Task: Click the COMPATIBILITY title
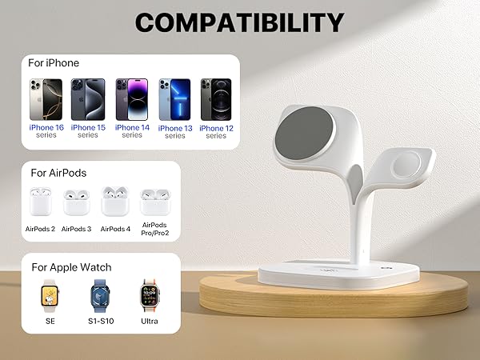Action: click(x=239, y=22)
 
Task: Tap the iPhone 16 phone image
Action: click(x=46, y=98)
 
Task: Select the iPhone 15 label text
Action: click(x=88, y=128)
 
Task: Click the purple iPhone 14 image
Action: click(x=132, y=98)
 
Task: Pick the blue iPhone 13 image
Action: click(x=174, y=99)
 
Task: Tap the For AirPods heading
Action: click(x=58, y=172)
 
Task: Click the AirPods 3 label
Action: click(x=77, y=229)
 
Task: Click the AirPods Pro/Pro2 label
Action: click(x=154, y=229)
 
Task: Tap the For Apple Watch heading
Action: click(x=71, y=267)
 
